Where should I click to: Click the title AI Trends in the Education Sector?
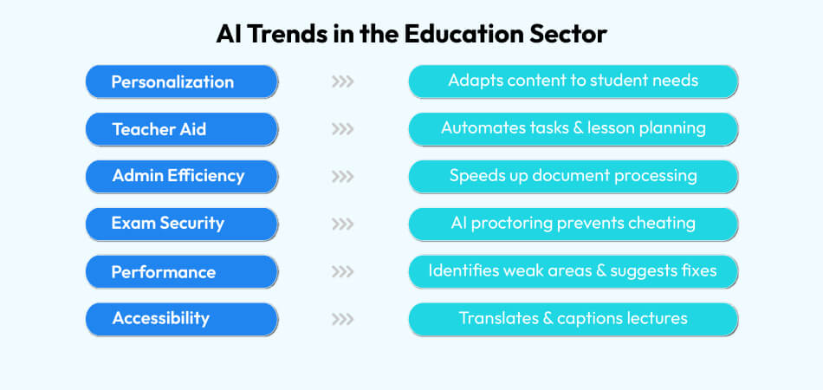coord(411,35)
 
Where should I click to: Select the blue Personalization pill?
coord(182,81)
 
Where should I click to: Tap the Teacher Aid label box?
coord(182,129)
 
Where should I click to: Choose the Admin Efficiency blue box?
coord(182,176)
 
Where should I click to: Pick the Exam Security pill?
coord(182,224)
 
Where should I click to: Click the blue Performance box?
coord(182,271)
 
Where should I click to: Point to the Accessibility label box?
coord(182,318)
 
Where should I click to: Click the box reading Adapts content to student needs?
coord(573,81)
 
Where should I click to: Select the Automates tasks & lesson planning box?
coord(573,129)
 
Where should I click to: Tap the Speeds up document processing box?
coord(573,176)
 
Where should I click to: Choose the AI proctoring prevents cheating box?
coord(573,224)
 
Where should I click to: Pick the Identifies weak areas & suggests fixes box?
coord(573,271)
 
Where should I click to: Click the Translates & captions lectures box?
coord(573,318)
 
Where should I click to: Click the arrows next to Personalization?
coord(343,82)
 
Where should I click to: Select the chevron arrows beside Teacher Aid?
coord(343,129)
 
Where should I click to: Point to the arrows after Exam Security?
coord(343,224)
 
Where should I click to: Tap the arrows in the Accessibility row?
coord(343,319)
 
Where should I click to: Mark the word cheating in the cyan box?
coord(662,224)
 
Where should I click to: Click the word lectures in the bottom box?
coord(655,318)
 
